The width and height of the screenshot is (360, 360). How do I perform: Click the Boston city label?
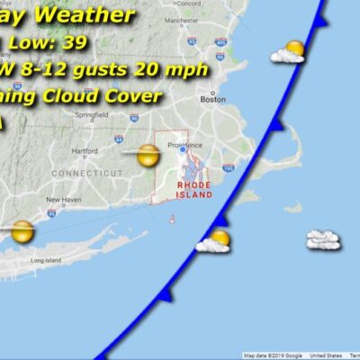[212, 100]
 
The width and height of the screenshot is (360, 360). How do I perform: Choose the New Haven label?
[63, 200]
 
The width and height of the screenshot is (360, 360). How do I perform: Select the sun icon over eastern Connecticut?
[148, 156]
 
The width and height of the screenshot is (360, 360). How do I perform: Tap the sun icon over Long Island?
[22, 232]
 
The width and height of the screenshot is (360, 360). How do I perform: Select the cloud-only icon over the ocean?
[322, 239]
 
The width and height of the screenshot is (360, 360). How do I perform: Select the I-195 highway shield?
[229, 168]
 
